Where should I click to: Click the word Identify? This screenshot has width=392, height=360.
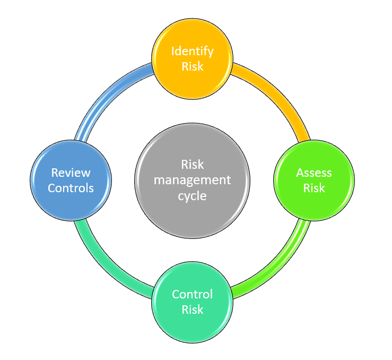tap(192, 52)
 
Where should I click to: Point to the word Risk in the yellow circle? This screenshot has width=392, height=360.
tap(192, 67)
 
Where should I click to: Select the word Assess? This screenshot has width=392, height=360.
tap(314, 173)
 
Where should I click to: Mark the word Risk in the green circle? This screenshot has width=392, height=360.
tap(314, 188)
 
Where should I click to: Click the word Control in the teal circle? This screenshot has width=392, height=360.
tap(192, 294)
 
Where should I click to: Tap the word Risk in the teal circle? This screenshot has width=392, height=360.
tap(192, 310)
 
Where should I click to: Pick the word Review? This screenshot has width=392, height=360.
tap(71, 173)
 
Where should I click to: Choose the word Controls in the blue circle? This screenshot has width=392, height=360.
tap(71, 188)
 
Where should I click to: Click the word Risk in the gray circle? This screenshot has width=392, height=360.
tap(192, 165)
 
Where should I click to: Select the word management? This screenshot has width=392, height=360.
tap(192, 180)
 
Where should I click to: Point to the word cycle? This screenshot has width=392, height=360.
tap(192, 195)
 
